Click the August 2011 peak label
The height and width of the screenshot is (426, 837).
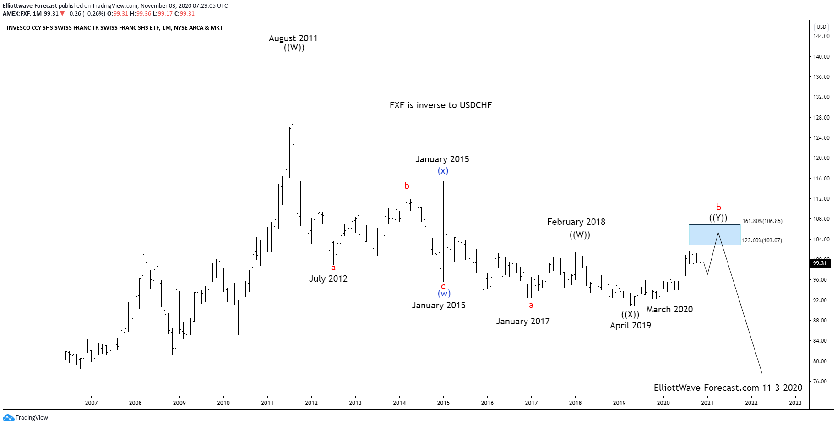pyautogui.click(x=293, y=38)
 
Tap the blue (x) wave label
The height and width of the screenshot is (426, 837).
pyautogui.click(x=443, y=171)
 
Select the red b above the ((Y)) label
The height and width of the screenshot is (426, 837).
pyautogui.click(x=718, y=208)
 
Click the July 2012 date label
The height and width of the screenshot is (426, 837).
pyautogui.click(x=328, y=279)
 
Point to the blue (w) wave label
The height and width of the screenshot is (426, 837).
pyautogui.click(x=444, y=294)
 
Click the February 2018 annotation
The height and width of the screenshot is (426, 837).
pyautogui.click(x=576, y=222)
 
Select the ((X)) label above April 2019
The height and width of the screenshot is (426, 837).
pyautogui.click(x=630, y=314)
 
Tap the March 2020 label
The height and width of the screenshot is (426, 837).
pyautogui.click(x=669, y=309)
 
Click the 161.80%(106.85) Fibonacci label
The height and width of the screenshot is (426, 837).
pyautogui.click(x=762, y=221)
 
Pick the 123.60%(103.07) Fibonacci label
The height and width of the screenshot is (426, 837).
pyautogui.click(x=762, y=240)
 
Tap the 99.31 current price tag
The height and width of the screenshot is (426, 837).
pyautogui.click(x=820, y=263)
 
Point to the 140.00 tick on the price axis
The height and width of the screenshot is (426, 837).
pyautogui.click(x=821, y=57)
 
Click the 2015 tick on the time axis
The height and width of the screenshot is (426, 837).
pyautogui.click(x=443, y=403)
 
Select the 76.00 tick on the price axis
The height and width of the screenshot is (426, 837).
pyautogui.click(x=820, y=382)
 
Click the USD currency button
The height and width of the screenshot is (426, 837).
pyautogui.click(x=821, y=27)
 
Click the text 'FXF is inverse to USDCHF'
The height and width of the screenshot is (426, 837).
pyautogui.click(x=440, y=105)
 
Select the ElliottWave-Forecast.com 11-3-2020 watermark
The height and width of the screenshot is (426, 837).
pyautogui.click(x=728, y=388)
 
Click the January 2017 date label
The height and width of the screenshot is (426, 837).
pyautogui.click(x=522, y=322)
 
